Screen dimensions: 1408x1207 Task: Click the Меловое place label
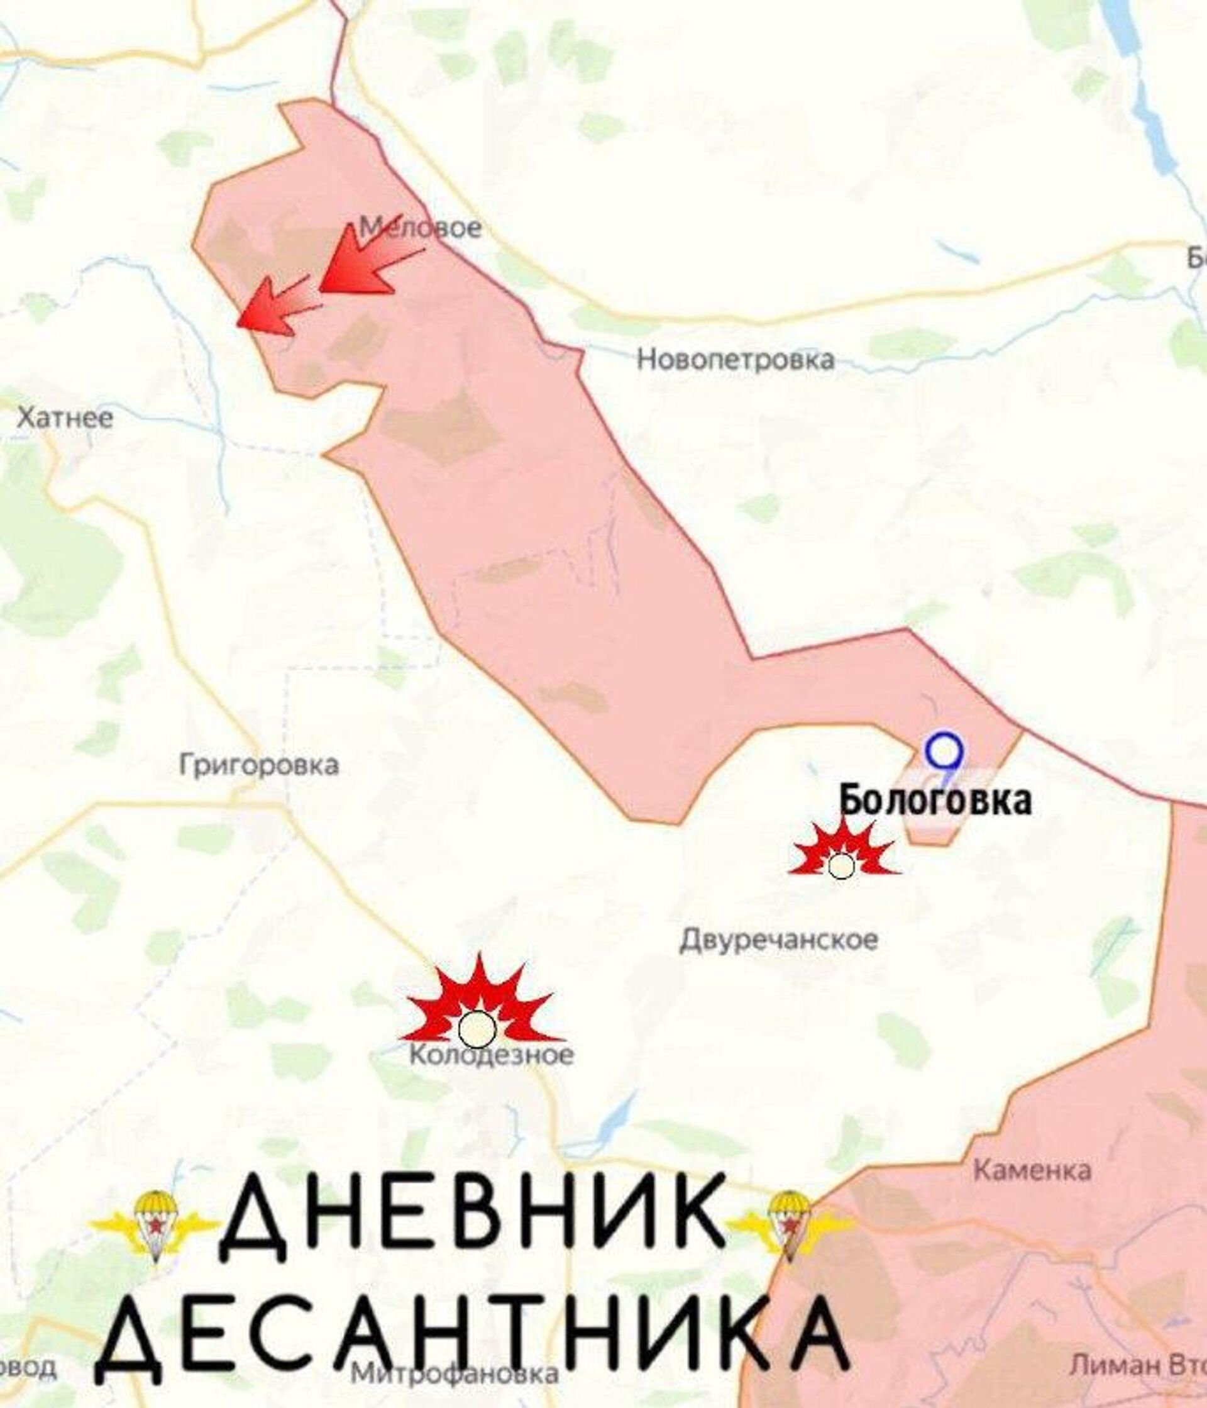click(421, 228)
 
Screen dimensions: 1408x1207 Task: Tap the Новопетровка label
click(735, 360)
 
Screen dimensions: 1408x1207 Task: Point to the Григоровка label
click(259, 766)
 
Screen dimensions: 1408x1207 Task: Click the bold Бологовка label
click(935, 801)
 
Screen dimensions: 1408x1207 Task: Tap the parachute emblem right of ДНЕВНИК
click(790, 1224)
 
